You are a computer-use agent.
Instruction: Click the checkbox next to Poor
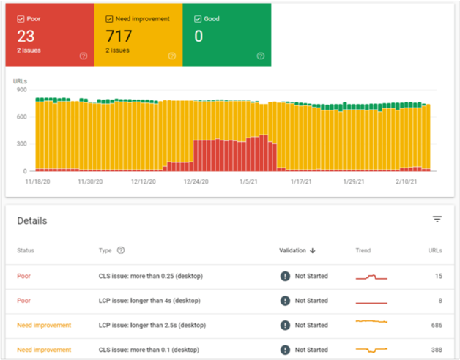(x=20, y=18)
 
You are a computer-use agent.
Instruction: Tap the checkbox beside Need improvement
(x=109, y=18)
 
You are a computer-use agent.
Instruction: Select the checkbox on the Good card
(x=198, y=18)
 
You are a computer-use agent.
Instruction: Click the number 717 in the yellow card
(x=119, y=36)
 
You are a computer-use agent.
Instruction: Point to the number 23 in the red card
(x=27, y=36)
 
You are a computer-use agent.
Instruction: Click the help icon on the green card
(x=261, y=56)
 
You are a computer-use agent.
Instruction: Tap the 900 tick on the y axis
(x=21, y=89)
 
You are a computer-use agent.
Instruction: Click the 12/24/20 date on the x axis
(x=196, y=181)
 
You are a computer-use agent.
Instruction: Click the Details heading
(x=32, y=220)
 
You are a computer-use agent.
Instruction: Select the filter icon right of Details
(x=437, y=219)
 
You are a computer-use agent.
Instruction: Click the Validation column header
(x=297, y=250)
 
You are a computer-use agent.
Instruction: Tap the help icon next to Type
(x=121, y=250)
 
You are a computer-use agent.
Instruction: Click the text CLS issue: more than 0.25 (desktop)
(x=150, y=276)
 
